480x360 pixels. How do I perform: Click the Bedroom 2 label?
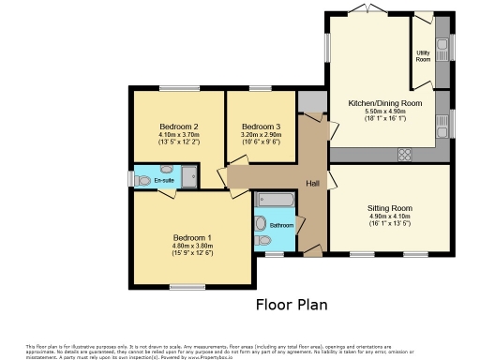tap(178, 127)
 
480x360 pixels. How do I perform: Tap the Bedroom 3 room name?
tap(261, 127)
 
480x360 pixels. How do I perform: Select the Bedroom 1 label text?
tap(192, 237)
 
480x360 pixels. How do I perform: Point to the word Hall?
tap(313, 183)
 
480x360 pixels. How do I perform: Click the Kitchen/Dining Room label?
tap(385, 102)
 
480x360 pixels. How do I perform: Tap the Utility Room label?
tap(422, 54)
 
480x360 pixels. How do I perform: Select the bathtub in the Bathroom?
tap(275, 200)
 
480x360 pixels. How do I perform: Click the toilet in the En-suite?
tap(142, 178)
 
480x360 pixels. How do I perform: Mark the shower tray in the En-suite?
tap(191, 175)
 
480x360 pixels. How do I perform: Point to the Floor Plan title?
tap(292, 305)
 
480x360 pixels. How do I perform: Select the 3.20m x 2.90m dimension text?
tap(261, 135)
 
